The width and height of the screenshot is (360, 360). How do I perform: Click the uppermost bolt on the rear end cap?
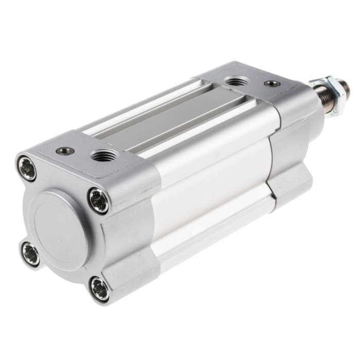click(x=27, y=168)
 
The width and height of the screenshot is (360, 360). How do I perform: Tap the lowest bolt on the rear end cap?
click(x=99, y=289)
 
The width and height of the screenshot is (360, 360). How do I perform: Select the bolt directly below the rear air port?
click(x=98, y=200)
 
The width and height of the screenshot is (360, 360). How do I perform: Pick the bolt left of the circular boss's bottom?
click(x=30, y=254)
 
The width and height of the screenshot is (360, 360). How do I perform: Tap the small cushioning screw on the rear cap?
click(x=65, y=151)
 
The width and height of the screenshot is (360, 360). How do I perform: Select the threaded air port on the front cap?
click(x=237, y=82)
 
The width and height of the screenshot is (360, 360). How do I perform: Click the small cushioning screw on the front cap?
click(x=272, y=83)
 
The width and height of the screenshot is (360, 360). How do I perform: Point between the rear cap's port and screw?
click(x=83, y=153)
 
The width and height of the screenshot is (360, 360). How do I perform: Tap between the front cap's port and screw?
click(x=255, y=83)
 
